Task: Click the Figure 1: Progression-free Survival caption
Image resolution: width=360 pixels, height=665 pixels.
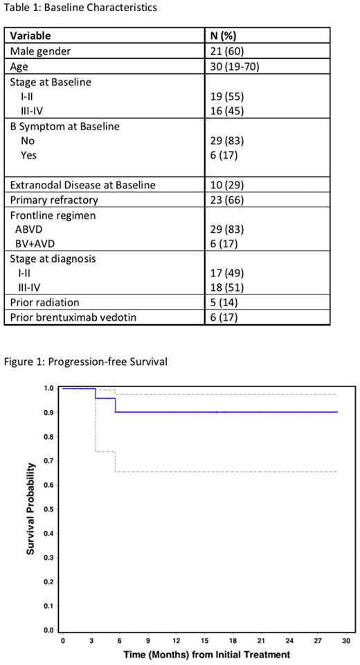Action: (x=84, y=360)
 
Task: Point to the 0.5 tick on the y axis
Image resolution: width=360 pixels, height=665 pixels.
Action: (x=48, y=509)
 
